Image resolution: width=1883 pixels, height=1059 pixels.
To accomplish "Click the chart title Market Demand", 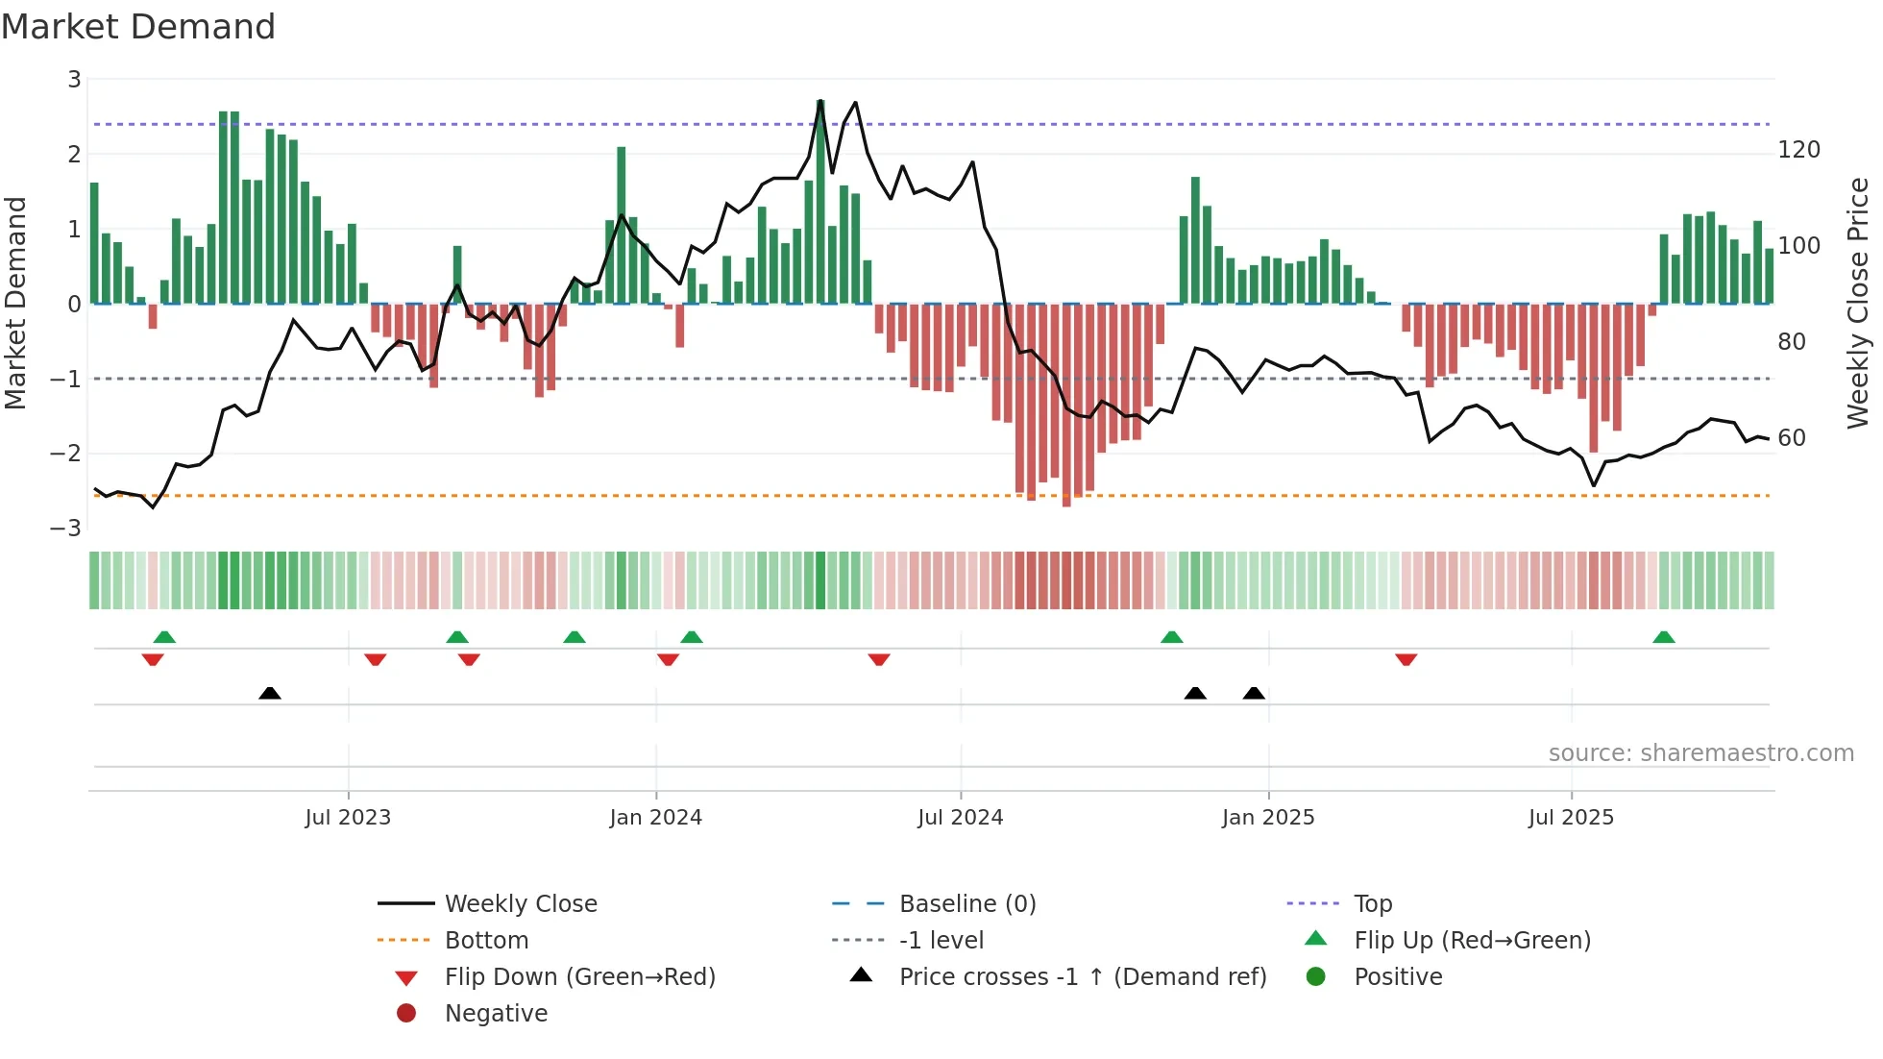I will click(138, 27).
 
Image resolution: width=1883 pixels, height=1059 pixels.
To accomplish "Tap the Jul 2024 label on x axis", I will click(960, 818).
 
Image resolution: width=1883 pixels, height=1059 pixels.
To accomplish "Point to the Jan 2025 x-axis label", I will click(1267, 818).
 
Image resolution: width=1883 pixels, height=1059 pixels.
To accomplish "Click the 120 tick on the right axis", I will click(1798, 150).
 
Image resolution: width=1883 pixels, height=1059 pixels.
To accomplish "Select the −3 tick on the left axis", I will click(65, 529).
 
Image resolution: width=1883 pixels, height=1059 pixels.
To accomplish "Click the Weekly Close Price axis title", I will click(1858, 303).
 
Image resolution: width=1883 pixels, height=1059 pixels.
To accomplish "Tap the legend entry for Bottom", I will click(486, 941).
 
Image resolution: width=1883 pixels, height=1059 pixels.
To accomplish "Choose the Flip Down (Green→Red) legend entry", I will click(579, 977).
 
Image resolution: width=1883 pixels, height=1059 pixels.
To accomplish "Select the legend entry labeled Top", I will click(1372, 904).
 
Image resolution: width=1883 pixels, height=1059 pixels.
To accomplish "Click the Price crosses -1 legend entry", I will click(1082, 977).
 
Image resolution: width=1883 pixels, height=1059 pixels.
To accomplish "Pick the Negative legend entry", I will click(496, 1014).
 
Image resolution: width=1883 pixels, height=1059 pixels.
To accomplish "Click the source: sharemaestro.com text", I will click(1700, 753).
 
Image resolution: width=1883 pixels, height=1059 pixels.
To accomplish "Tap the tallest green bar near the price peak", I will click(820, 202).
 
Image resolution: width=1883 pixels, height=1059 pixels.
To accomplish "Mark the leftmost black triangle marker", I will click(270, 693).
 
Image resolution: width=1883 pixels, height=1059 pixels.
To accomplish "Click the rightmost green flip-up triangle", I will click(1664, 637).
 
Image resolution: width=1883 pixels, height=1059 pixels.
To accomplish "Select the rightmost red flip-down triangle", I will click(1406, 659).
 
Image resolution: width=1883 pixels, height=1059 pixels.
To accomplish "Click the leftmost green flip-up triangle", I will click(164, 637).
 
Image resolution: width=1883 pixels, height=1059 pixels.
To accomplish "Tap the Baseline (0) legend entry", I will click(966, 904).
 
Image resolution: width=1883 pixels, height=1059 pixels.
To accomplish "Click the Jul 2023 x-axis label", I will click(348, 818).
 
